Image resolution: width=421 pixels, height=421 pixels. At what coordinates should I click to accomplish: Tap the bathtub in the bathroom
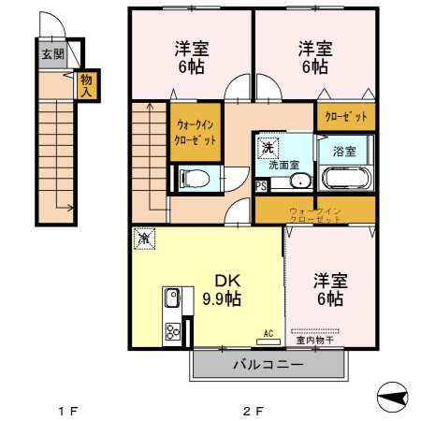[x=346, y=178]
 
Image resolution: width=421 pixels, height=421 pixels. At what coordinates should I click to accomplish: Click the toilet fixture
[x=194, y=177]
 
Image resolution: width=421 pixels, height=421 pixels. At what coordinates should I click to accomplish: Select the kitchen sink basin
[x=172, y=300]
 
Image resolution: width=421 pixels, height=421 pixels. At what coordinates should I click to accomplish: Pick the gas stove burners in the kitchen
[x=173, y=332]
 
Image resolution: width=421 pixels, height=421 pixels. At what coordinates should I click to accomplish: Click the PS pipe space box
[x=260, y=185]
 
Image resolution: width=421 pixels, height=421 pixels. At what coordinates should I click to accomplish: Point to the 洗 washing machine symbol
[x=268, y=147]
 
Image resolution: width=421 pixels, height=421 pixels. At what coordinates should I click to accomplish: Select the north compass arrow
[x=394, y=397]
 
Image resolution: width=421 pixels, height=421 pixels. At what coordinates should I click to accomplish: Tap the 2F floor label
[x=252, y=410]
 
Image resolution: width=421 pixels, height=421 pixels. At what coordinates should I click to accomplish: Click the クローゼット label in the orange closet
[x=345, y=117]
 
